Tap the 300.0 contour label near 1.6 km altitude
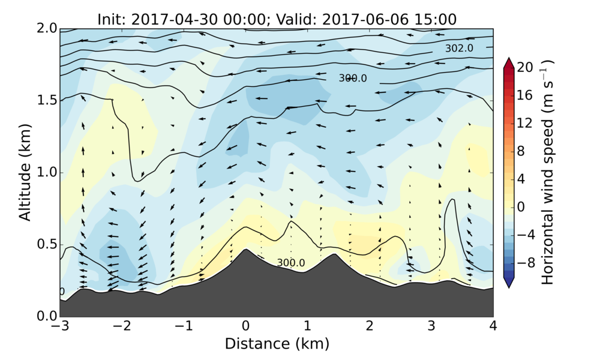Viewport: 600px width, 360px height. [x=353, y=78]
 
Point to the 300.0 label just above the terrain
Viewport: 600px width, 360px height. [x=291, y=263]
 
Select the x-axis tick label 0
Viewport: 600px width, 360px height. [x=245, y=326]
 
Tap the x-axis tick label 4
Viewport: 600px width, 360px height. [x=493, y=326]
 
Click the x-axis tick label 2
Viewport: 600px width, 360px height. [x=370, y=326]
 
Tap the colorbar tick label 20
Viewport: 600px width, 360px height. [x=524, y=68]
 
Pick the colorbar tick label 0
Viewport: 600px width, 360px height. [x=521, y=207]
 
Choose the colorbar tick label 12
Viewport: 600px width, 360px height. [x=524, y=124]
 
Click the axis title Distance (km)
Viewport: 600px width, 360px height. [x=277, y=344]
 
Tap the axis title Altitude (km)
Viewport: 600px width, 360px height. [x=25, y=173]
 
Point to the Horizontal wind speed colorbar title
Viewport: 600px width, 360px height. [x=547, y=173]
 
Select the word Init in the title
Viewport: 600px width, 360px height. [x=111, y=19]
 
